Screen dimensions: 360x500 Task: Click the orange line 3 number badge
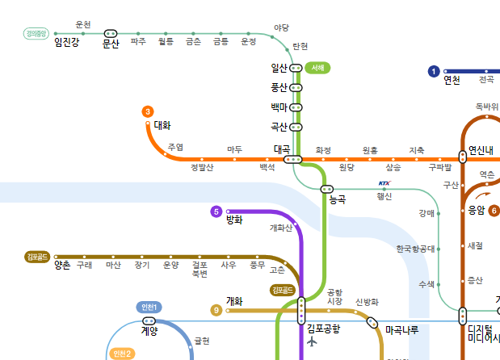[148, 111]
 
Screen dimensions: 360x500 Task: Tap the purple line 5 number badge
[216, 211]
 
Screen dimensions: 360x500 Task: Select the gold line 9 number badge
[216, 310]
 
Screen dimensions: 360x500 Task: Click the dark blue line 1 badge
[435, 72]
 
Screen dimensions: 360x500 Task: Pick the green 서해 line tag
[318, 68]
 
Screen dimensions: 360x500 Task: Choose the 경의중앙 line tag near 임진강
[37, 34]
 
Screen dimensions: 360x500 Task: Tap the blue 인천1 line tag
[149, 307]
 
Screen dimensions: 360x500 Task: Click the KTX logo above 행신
[384, 184]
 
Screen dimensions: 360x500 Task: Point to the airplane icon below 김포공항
[313, 342]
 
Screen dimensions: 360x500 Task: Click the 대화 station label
[162, 125]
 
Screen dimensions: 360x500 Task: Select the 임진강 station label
[67, 43]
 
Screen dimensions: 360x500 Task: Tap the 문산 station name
[111, 45]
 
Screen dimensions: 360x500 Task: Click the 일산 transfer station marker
[296, 68]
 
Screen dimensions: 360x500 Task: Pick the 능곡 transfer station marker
[326, 189]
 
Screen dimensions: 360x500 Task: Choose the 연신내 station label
[481, 149]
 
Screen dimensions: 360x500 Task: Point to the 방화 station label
[234, 220]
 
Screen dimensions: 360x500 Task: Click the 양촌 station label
[62, 266]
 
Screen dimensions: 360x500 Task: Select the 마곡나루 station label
[401, 330]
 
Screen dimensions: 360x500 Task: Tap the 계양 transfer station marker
[149, 320]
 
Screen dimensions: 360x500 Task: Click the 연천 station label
[452, 80]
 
